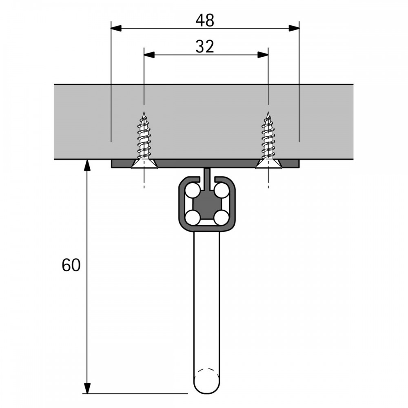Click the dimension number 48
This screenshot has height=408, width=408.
205,20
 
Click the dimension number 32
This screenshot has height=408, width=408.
205,47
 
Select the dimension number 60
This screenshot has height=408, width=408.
71,266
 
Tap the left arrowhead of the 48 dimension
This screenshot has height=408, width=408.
116,28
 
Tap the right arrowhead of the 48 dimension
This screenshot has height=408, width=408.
294,28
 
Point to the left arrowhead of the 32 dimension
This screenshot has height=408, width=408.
149,55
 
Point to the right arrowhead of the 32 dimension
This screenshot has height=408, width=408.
263,55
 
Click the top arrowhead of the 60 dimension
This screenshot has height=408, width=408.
87,165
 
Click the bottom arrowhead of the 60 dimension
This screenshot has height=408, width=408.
87,388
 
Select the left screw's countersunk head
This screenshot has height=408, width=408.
144,164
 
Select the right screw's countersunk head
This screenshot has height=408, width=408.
268,164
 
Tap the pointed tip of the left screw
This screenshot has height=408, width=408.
144,112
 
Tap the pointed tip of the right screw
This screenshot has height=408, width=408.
268,112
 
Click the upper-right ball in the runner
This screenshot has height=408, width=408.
222,190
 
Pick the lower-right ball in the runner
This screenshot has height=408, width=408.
222,217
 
